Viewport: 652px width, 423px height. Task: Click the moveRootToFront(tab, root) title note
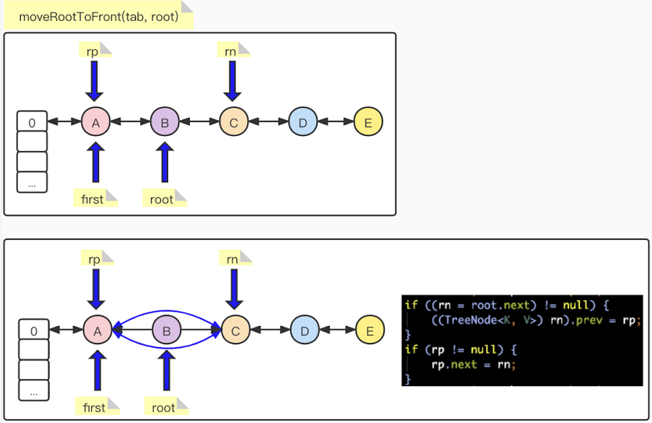(98, 16)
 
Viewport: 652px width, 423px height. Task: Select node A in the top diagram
(95, 123)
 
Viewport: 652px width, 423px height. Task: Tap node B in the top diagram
(164, 123)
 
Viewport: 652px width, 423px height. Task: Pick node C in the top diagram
(233, 123)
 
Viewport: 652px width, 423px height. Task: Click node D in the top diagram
(303, 123)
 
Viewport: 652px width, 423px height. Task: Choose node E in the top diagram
(368, 123)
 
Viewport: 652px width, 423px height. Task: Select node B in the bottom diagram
(167, 332)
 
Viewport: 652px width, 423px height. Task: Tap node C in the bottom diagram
(235, 332)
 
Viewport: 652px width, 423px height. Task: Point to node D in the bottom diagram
(305, 332)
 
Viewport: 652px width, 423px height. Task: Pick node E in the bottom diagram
(370, 332)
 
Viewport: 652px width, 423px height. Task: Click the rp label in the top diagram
(94, 51)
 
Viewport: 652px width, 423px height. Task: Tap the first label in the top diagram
(94, 199)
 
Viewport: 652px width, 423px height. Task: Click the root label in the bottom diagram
(165, 408)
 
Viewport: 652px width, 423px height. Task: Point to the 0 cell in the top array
(32, 123)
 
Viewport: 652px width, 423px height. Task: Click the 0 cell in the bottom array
(33, 332)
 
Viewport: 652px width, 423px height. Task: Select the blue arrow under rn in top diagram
(232, 81)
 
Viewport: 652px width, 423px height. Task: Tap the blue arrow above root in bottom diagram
(168, 372)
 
